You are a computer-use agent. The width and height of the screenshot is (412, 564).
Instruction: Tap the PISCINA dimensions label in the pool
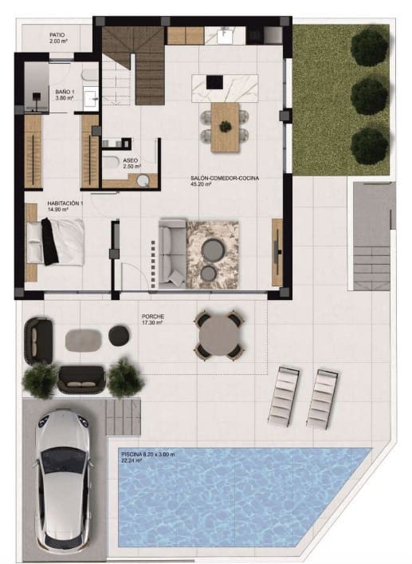154,457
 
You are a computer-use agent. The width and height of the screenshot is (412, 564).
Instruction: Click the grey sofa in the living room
171,252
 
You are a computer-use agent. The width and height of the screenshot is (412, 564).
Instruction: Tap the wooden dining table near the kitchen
225,126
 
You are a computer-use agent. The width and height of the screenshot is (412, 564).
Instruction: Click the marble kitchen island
225,84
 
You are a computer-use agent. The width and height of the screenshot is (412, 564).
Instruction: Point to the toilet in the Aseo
112,164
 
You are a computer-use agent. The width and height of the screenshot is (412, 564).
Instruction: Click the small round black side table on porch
118,336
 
